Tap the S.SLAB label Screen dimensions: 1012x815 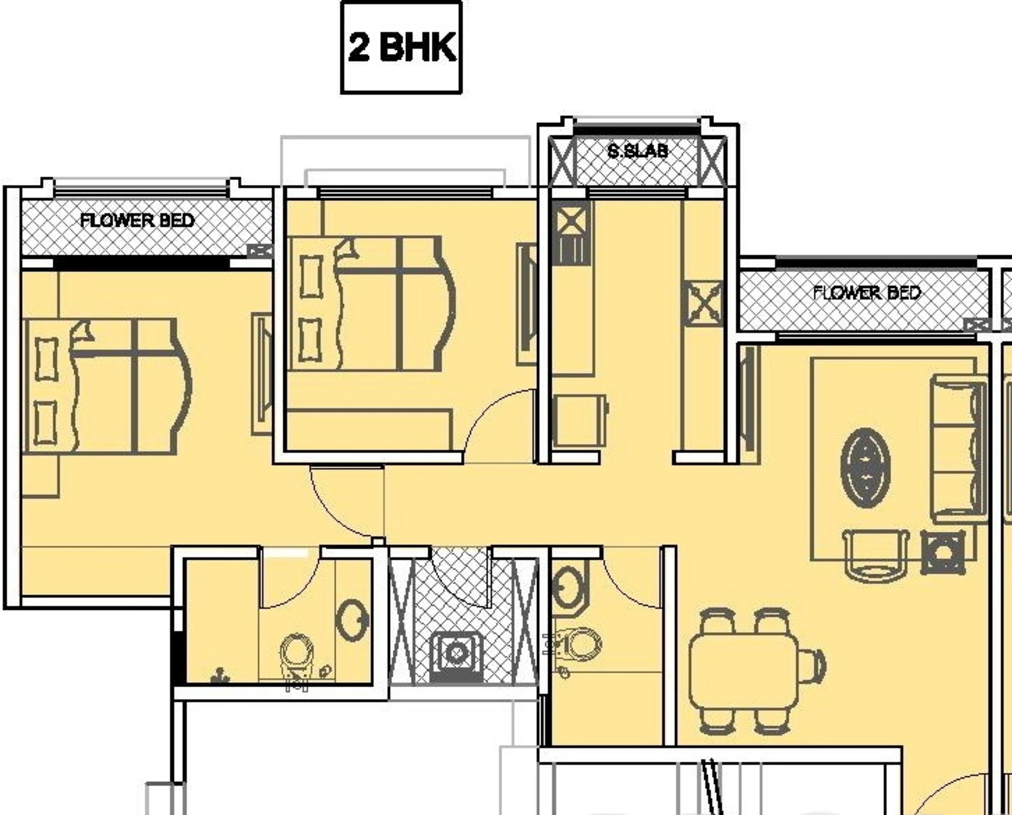[x=637, y=151]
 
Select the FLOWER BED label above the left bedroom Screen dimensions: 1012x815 [x=137, y=220]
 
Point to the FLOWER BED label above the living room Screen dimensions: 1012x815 [x=866, y=293]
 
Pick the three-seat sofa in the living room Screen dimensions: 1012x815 [x=958, y=449]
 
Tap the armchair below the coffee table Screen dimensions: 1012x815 [x=876, y=555]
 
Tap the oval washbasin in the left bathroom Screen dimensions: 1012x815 [x=353, y=621]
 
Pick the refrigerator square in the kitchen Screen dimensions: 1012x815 [x=581, y=420]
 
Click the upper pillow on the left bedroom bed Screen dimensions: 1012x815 [x=47, y=359]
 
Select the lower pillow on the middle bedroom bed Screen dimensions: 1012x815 [x=311, y=340]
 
